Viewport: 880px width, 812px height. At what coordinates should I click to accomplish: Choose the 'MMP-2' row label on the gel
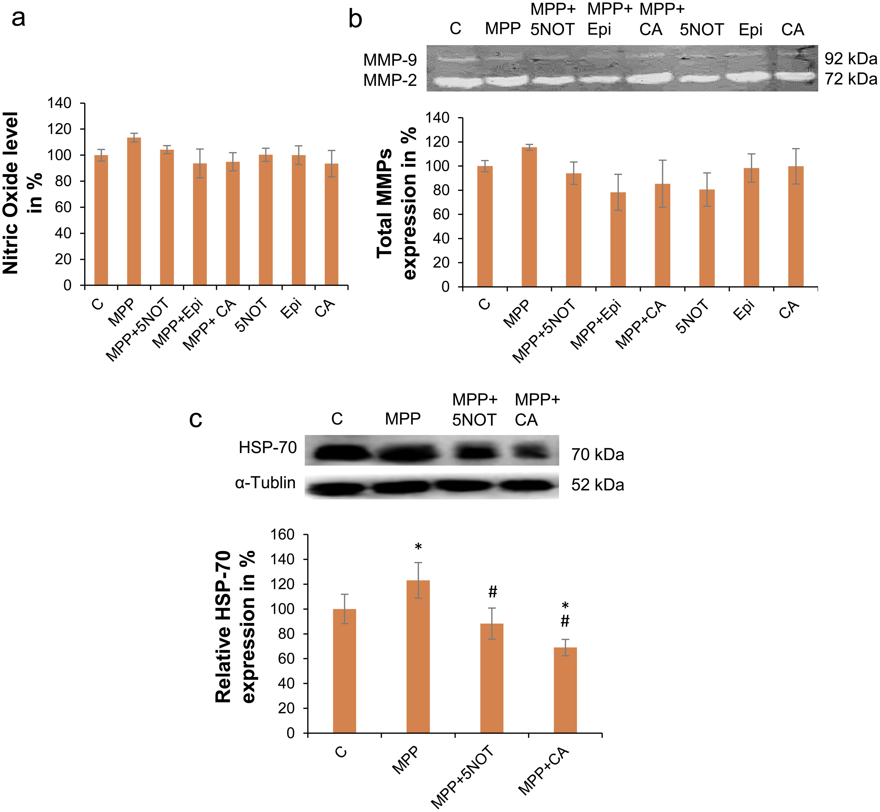(390, 80)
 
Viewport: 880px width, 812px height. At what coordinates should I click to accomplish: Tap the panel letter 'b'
(355, 20)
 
